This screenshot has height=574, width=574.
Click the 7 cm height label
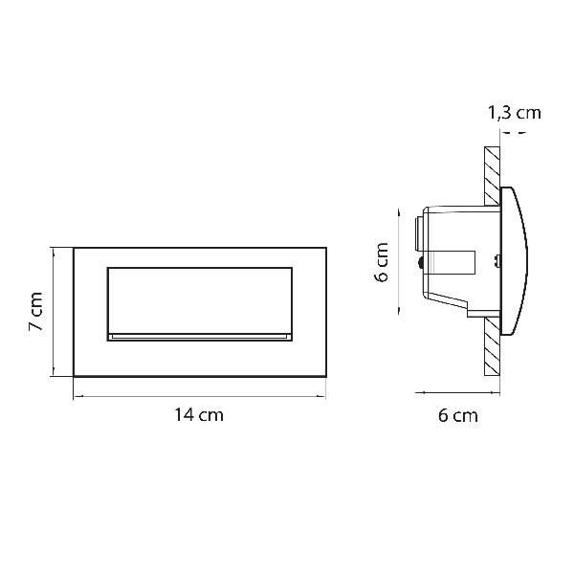click(x=36, y=311)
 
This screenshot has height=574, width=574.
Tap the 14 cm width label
click(x=198, y=415)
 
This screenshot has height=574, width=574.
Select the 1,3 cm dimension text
click(x=515, y=113)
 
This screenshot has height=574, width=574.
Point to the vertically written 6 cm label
click(x=382, y=261)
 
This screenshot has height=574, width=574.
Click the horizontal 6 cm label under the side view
click(x=458, y=416)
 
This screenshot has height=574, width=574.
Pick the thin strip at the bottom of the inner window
click(x=200, y=337)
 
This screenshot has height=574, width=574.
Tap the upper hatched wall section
click(x=492, y=176)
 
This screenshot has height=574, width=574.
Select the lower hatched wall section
click(x=492, y=346)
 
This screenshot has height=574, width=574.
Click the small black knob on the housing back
click(x=420, y=263)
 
